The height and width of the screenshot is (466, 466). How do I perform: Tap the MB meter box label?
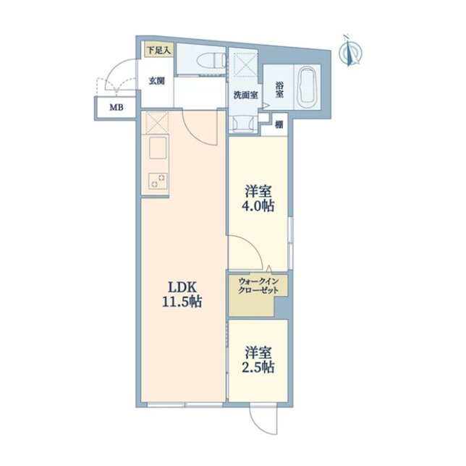tap(116, 107)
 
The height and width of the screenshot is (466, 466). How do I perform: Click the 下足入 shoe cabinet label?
tap(159, 50)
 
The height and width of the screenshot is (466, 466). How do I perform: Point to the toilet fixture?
tap(211, 62)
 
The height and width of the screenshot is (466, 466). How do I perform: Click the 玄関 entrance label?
tap(157, 80)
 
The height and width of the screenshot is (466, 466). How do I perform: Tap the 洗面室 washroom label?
tap(245, 95)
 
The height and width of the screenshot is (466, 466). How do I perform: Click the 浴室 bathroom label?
tap(279, 90)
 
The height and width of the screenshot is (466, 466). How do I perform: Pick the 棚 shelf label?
tap(279, 124)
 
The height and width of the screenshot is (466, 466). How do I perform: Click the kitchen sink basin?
tap(158, 148)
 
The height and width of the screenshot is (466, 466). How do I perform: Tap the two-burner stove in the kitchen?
tap(158, 181)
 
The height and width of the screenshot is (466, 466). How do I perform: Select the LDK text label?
tap(182, 287)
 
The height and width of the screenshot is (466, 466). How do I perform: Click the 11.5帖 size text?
tap(182, 302)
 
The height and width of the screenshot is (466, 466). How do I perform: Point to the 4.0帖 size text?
tap(258, 206)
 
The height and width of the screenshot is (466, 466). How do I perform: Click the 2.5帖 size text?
tap(258, 368)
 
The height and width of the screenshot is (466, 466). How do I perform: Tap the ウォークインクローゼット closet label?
tap(258, 285)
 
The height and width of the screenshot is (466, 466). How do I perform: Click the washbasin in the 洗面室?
tap(245, 123)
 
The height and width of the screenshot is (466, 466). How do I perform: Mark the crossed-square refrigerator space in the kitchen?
tap(157, 122)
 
